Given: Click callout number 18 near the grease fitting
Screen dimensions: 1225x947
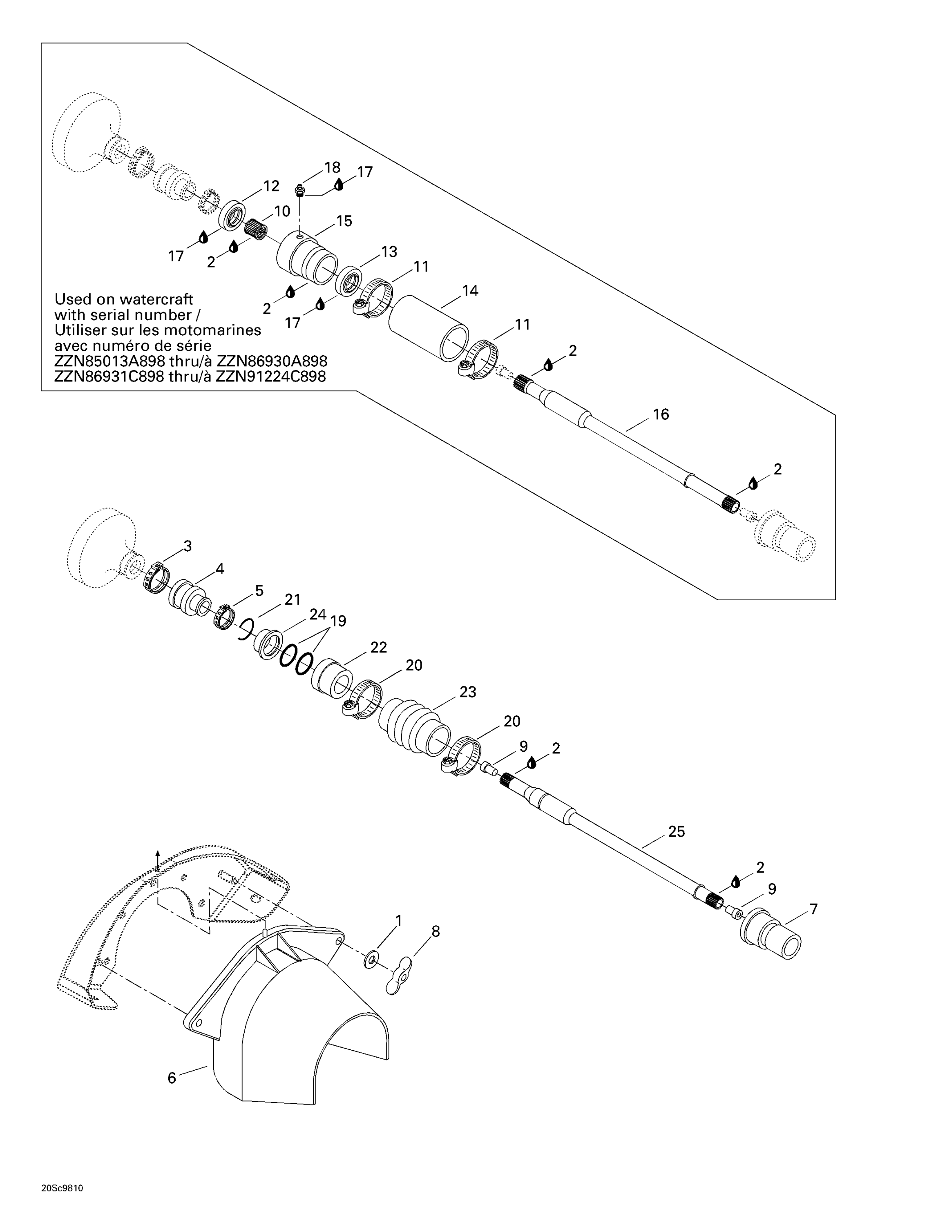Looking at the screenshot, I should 332,167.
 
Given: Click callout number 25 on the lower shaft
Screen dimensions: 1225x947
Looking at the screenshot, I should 676,831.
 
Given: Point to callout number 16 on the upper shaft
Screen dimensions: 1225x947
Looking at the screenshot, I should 661,414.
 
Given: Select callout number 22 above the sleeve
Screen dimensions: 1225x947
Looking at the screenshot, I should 379,647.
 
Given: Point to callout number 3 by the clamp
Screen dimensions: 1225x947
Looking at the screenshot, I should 188,546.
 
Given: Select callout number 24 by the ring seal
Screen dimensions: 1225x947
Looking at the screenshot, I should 317,614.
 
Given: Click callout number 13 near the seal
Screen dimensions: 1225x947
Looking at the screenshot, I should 389,252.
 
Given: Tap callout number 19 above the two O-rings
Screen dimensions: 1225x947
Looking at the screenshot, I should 338,621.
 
